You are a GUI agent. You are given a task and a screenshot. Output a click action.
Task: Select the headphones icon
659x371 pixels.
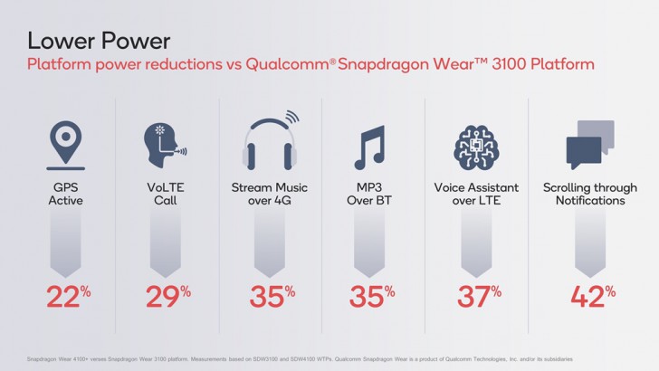click(x=271, y=143)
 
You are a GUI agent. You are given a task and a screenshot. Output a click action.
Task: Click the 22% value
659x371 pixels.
click(x=64, y=297)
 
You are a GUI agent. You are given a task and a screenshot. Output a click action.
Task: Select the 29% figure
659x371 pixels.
click(x=167, y=297)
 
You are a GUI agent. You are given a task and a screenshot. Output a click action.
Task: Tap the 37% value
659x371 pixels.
click(x=477, y=297)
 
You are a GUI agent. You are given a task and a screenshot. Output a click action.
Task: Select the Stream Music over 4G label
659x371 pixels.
click(x=270, y=194)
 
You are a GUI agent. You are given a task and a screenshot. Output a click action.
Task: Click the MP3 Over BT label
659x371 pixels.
click(x=373, y=194)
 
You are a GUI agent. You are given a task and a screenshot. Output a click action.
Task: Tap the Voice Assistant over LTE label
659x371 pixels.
click(x=477, y=194)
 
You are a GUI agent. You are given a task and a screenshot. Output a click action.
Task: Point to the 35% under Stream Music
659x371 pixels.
click(x=270, y=297)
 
